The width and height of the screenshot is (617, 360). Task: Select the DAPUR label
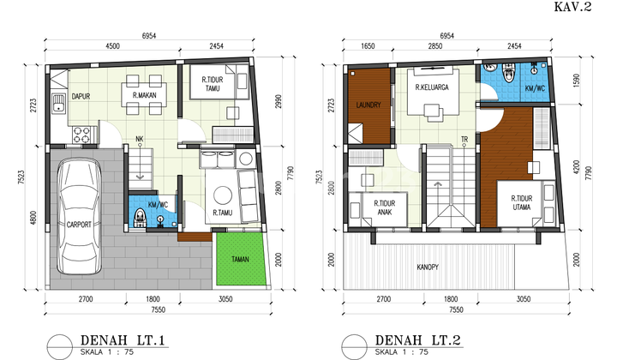[81, 97]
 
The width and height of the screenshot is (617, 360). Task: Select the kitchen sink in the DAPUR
[57, 106]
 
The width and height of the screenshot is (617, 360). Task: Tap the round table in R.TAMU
[224, 192]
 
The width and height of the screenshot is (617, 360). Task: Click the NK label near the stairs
[140, 140]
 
